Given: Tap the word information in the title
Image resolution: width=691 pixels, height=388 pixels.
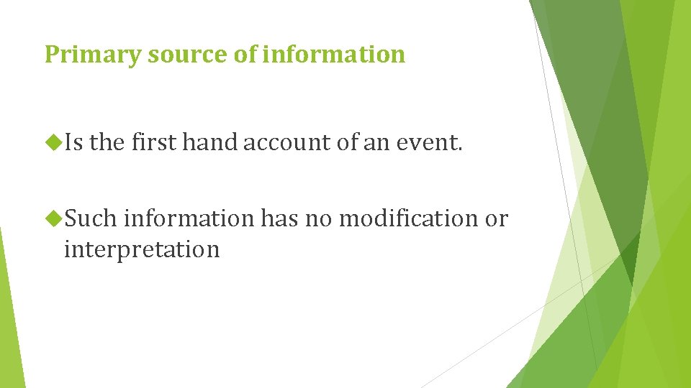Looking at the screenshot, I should [x=333, y=55].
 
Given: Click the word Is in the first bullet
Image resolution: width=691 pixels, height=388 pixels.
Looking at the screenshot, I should [x=74, y=144].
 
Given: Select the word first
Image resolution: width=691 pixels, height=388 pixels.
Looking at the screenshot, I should [x=153, y=144].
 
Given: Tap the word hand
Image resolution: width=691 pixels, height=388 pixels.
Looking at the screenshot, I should [x=209, y=144].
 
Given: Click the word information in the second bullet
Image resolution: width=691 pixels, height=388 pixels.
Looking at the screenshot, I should [x=189, y=218].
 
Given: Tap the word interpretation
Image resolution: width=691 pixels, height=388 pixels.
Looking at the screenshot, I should [x=141, y=249].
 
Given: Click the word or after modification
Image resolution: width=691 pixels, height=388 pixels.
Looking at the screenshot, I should [x=496, y=218].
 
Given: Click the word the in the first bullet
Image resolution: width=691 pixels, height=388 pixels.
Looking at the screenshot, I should [x=107, y=144].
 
